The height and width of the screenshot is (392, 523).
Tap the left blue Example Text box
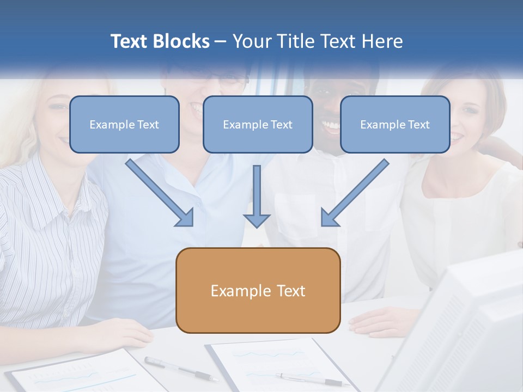[124, 125]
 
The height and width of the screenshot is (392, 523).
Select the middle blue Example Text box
[258, 125]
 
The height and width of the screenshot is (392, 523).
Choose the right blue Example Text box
[395, 125]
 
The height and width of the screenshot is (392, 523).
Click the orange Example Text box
[258, 291]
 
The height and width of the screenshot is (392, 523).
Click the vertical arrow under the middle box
[257, 196]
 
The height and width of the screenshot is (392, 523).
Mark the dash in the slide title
[221, 42]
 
